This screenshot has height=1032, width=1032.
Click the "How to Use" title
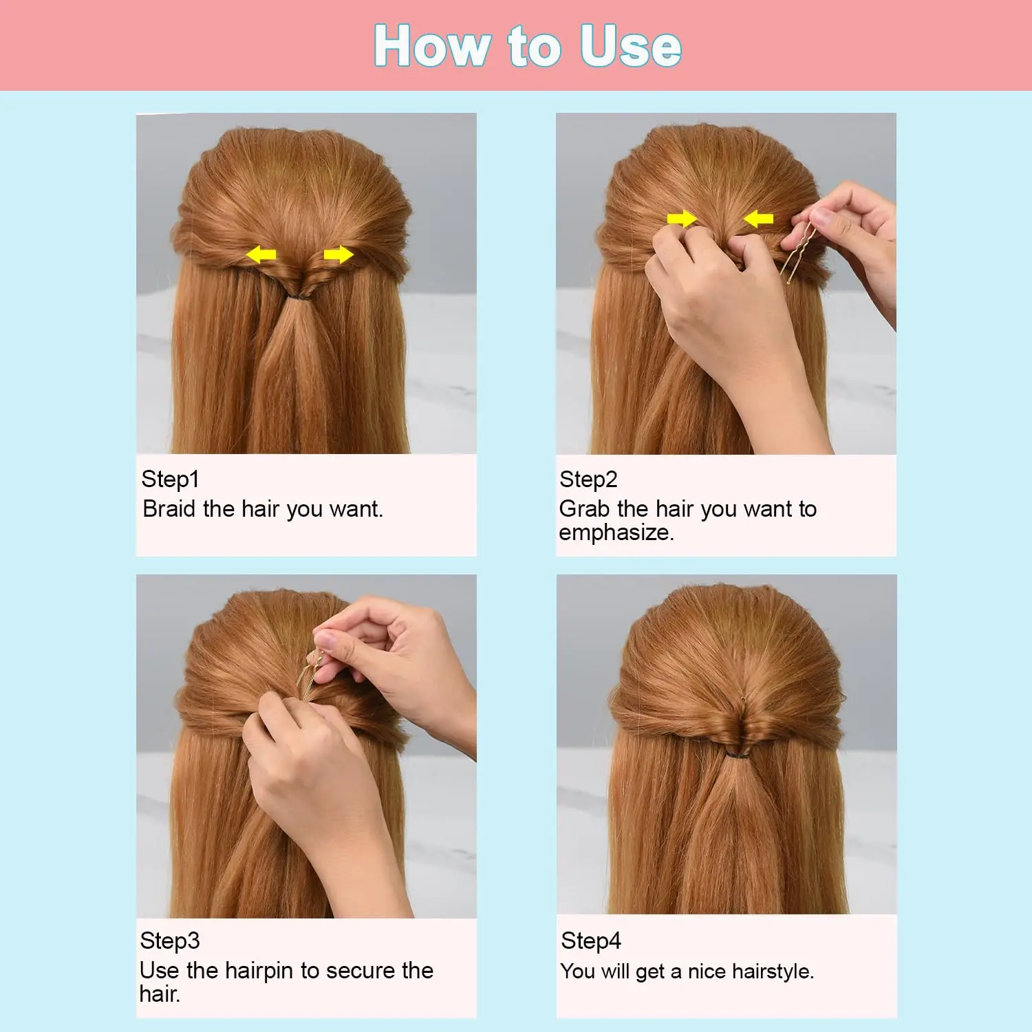click(528, 45)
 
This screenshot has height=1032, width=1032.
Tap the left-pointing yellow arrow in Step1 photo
click(261, 255)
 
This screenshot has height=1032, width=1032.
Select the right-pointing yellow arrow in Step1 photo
click(338, 255)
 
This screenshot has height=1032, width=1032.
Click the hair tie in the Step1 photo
click(299, 297)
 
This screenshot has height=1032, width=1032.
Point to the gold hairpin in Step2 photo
click(798, 251)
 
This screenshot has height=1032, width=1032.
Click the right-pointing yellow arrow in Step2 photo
click(682, 219)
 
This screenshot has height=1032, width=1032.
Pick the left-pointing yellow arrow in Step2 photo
click(758, 219)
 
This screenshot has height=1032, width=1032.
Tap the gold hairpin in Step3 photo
click(310, 674)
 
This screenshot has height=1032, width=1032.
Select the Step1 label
click(170, 479)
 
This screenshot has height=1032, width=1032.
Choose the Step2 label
click(588, 479)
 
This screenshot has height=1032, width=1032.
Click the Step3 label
click(169, 940)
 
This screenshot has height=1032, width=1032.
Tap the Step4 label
click(591, 940)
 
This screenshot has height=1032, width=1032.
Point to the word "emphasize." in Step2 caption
click(616, 533)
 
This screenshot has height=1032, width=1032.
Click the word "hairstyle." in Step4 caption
click(773, 971)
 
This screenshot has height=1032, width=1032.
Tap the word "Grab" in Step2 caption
click(584, 508)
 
